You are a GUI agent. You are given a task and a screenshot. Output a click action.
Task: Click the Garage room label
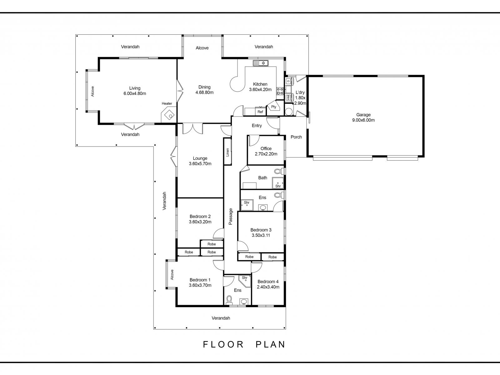(363, 115)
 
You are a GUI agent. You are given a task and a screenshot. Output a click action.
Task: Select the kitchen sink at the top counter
(261, 63)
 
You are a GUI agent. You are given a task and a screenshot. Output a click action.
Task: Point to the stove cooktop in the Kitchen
(280, 91)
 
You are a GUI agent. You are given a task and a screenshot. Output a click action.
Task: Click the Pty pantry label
(273, 107)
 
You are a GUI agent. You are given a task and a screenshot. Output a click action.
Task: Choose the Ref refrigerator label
(260, 112)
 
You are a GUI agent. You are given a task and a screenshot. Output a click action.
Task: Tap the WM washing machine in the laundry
(288, 97)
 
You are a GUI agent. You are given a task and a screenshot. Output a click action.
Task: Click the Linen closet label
(227, 152)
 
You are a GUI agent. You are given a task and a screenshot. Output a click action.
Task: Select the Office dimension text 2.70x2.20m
(266, 154)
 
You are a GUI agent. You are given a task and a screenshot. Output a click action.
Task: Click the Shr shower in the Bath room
(278, 183)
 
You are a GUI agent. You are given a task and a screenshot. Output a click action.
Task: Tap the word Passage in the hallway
(231, 216)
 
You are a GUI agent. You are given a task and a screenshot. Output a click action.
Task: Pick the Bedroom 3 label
(261, 230)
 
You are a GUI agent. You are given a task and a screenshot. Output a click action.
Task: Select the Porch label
(296, 137)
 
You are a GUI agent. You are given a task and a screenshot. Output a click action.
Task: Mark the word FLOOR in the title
(223, 344)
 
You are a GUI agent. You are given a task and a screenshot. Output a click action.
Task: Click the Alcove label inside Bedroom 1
(172, 275)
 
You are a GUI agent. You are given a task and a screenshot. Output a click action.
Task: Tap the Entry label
(257, 126)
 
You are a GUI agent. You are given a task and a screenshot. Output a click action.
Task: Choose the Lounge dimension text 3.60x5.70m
(200, 163)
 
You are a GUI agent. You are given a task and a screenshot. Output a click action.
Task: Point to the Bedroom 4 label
(268, 282)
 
